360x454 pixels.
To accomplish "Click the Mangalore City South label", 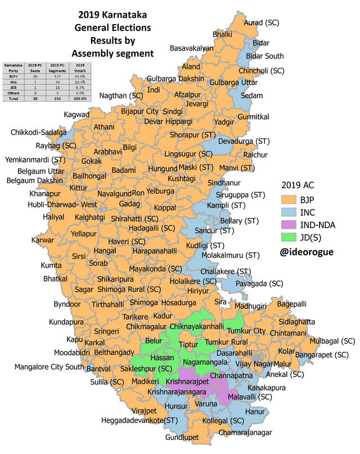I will [x=49, y=367].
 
